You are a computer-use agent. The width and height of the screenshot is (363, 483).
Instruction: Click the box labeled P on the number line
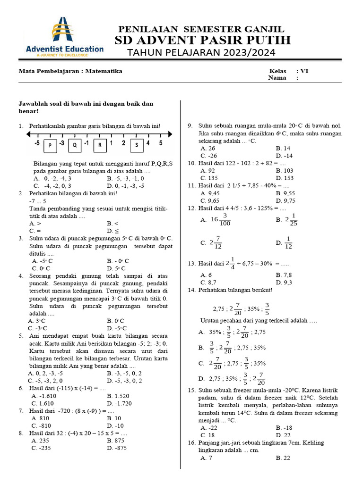tap(50, 145)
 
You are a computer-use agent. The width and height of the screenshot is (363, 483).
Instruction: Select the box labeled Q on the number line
tap(75, 145)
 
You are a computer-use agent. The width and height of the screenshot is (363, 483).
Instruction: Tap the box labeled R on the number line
tap(100, 145)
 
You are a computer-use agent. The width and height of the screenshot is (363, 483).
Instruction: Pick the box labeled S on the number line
tap(137, 145)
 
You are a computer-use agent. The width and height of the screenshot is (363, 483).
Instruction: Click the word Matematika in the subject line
tap(104, 71)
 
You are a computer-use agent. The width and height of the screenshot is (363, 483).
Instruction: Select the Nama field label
tap(277, 78)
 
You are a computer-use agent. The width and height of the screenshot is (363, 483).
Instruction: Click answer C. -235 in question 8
tap(42, 448)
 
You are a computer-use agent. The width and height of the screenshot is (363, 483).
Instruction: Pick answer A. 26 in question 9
tap(207, 148)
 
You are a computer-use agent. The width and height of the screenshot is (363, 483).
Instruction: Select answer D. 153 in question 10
tap(285, 178)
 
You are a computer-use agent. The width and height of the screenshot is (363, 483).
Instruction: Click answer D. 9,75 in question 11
tap(285, 200)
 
